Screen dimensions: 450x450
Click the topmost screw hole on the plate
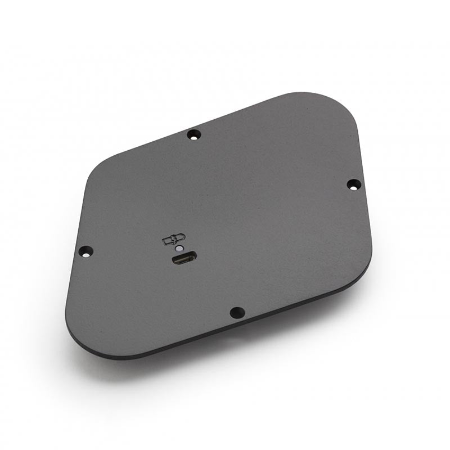point(193,134)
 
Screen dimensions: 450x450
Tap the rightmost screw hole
point(353,184)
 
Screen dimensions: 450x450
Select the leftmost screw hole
point(85,251)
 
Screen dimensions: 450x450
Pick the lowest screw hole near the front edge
point(237,312)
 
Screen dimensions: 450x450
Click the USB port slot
point(183,259)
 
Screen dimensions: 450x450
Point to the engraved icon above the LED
point(173,240)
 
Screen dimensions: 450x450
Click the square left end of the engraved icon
point(166,241)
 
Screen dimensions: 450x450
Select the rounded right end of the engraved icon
point(181,238)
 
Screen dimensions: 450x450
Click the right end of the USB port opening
point(192,258)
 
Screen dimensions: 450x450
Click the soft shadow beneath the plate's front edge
point(225,349)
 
